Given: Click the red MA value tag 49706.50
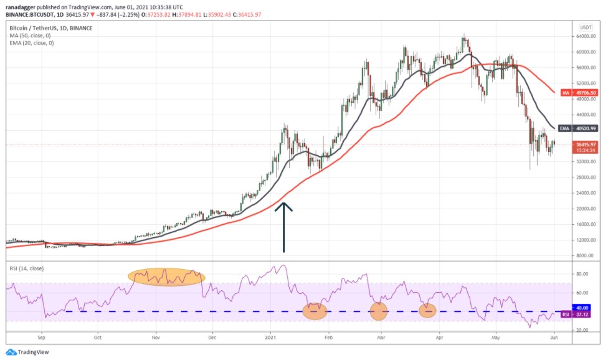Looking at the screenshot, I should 583,92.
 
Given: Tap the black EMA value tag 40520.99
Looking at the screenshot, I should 583,128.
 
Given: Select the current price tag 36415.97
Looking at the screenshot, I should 586,144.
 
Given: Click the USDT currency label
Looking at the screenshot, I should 585,27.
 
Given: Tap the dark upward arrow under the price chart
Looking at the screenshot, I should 284,227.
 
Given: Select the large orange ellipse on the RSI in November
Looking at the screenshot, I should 166,277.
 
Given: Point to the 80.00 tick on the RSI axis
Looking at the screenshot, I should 583,273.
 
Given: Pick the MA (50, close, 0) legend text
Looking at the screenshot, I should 31,35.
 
